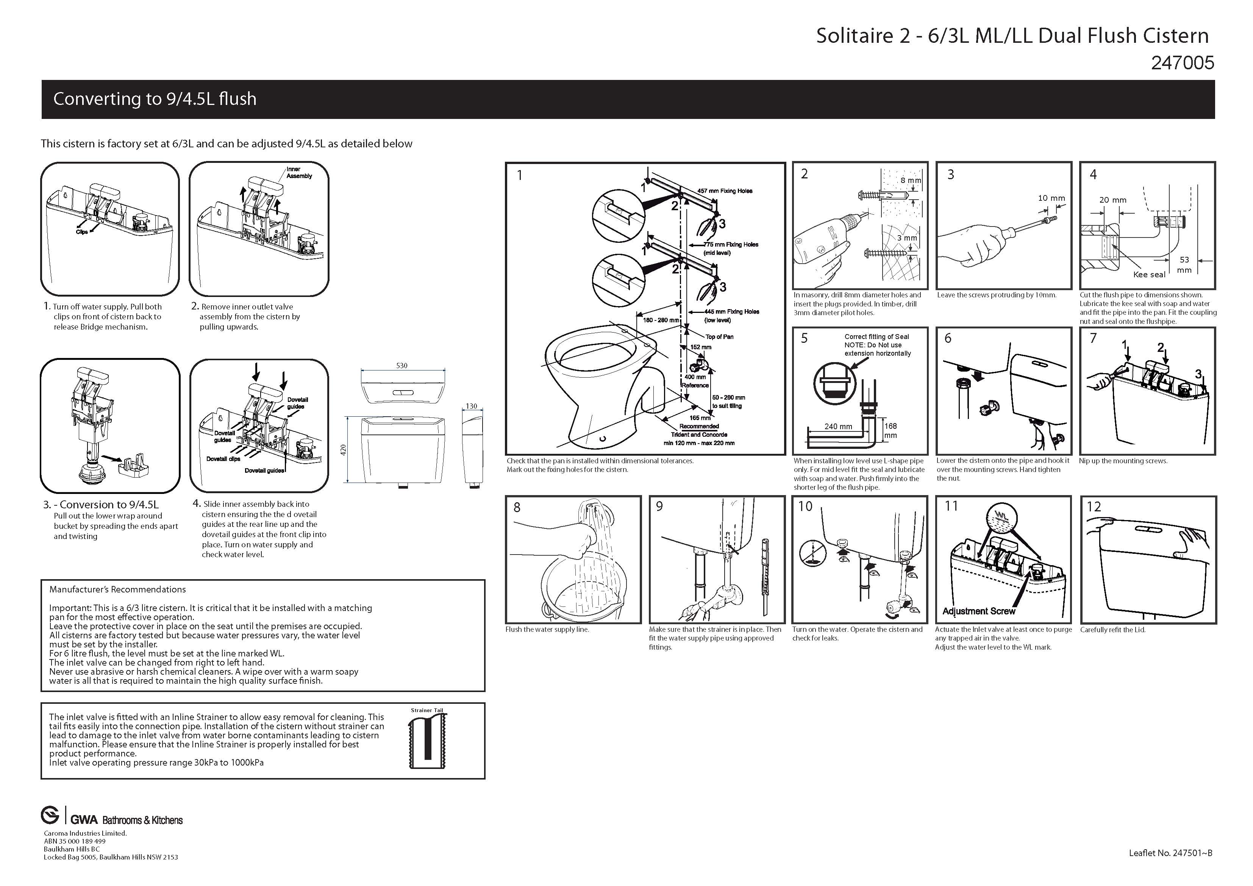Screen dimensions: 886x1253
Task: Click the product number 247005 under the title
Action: point(1182,63)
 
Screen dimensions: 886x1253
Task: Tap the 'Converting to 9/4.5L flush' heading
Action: point(155,99)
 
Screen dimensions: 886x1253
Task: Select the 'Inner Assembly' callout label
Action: point(299,172)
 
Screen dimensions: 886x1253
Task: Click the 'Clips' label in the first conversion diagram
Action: point(82,232)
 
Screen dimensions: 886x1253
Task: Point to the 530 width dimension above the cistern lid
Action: point(402,365)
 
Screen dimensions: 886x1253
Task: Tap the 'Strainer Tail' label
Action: point(427,710)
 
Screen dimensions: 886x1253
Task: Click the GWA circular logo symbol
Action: point(50,816)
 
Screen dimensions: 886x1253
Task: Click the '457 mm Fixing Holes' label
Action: point(725,191)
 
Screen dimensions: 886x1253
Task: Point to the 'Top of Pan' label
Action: point(719,337)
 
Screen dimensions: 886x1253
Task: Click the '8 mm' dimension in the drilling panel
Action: point(910,181)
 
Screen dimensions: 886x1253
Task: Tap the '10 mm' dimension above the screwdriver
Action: point(1051,198)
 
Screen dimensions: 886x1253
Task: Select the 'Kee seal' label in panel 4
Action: point(1149,275)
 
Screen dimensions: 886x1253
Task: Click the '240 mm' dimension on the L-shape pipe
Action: point(838,427)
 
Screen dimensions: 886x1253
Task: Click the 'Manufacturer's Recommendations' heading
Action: point(117,589)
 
